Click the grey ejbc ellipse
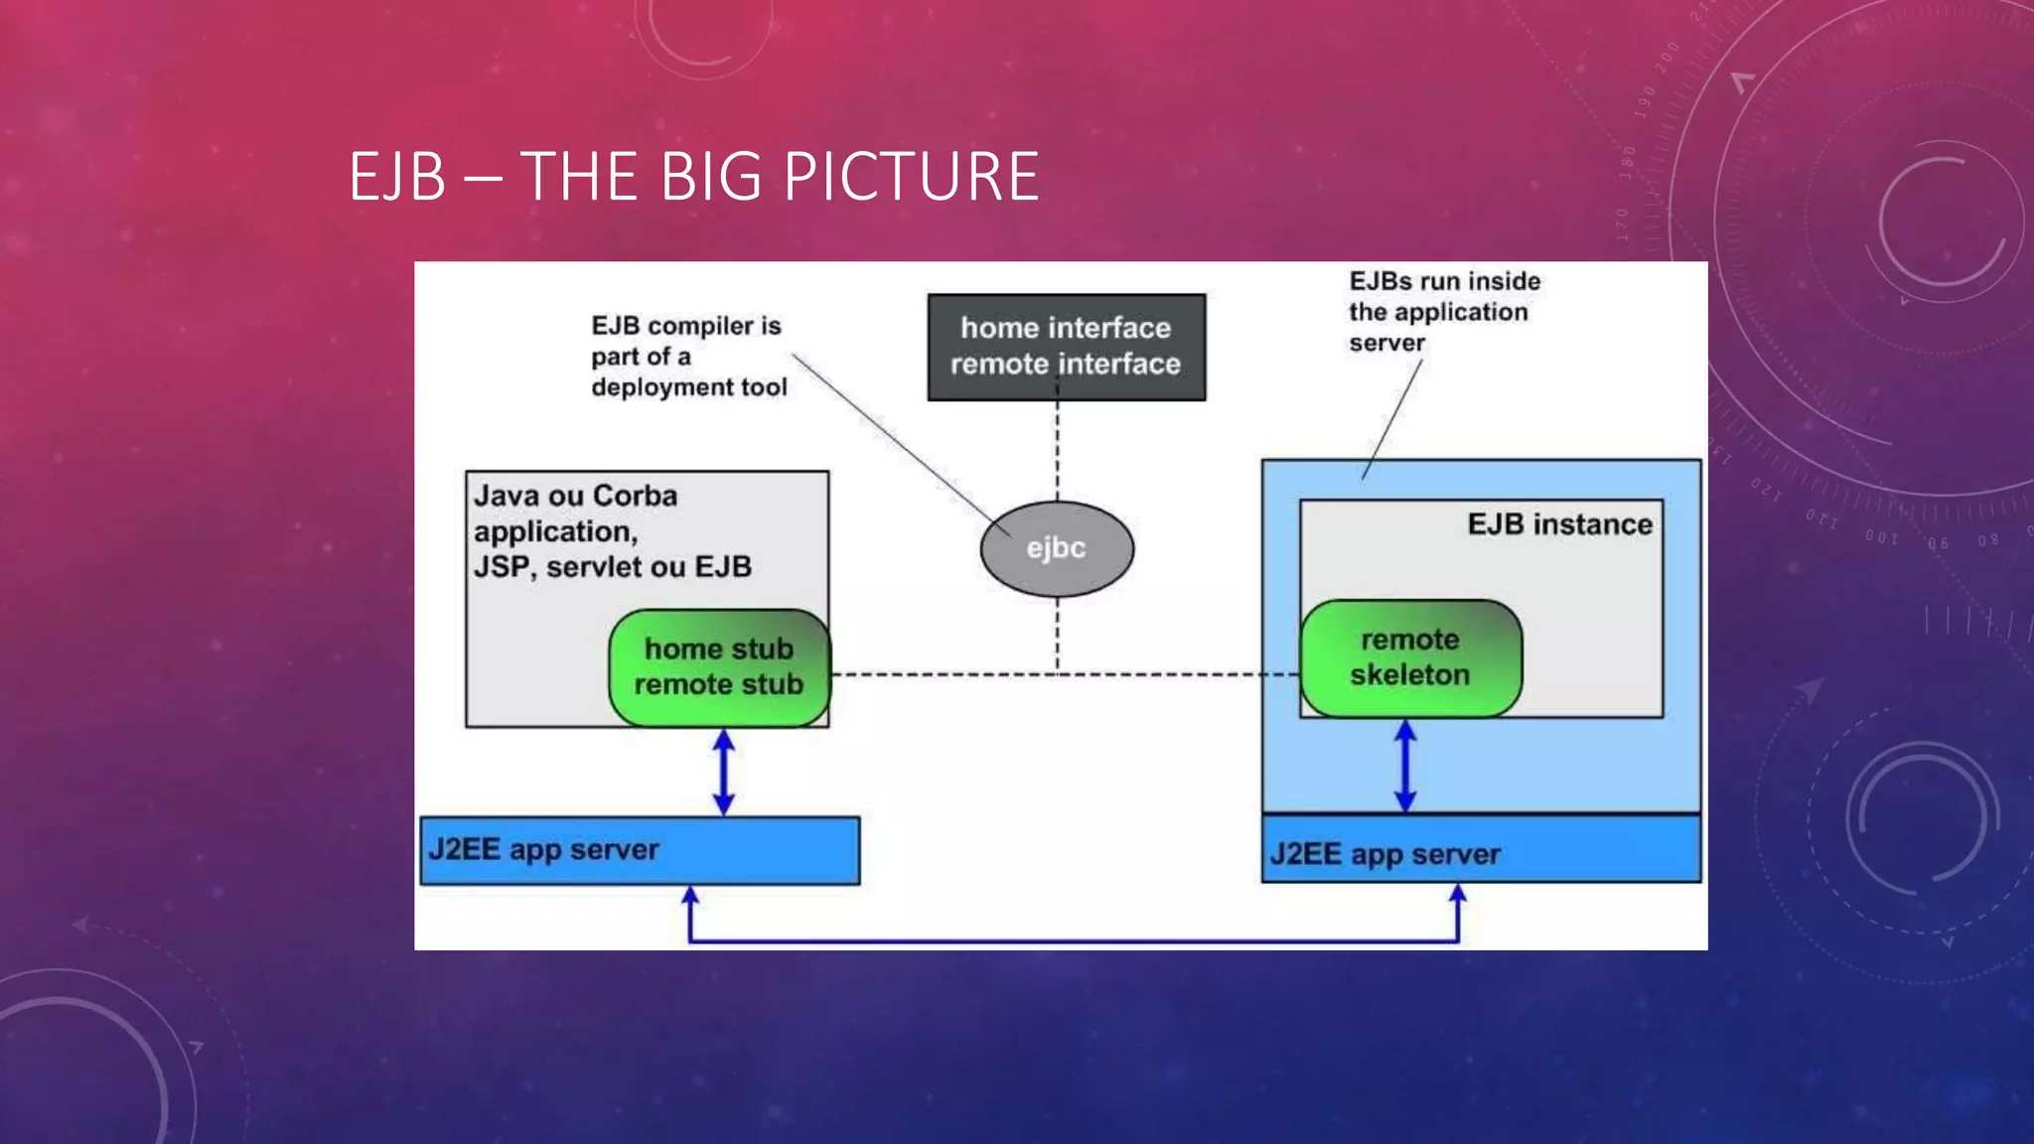(x=1057, y=548)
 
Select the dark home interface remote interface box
(x=1066, y=347)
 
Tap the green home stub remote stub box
(x=719, y=667)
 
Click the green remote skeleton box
(x=1409, y=657)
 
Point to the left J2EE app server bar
(x=640, y=850)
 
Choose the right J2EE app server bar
(x=1481, y=851)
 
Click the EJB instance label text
(x=1559, y=524)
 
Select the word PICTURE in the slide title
(x=911, y=178)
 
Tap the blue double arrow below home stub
(x=724, y=773)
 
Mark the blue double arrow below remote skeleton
(x=1405, y=766)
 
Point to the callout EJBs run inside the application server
(x=1443, y=312)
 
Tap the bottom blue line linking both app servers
(x=1073, y=939)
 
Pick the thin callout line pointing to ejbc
(x=894, y=437)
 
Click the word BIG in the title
(x=711, y=178)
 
